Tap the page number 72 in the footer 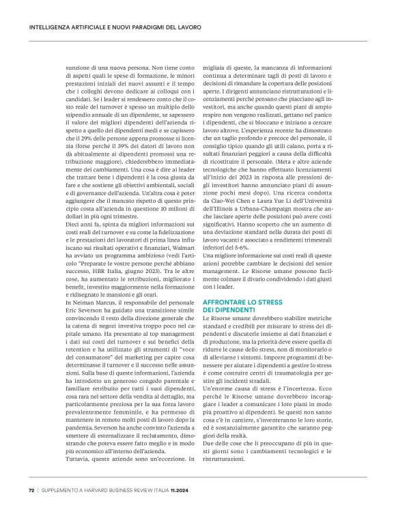pyautogui.click(x=31, y=489)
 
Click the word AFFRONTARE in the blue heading pyautogui.click(x=225, y=301)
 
